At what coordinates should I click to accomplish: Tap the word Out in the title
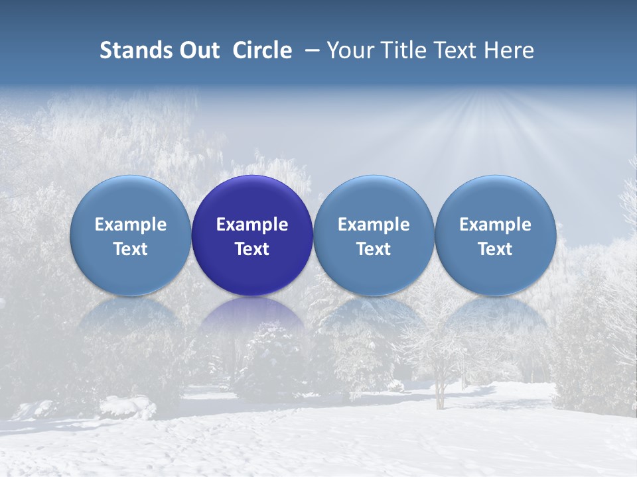[198, 50]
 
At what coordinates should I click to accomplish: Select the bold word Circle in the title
[262, 50]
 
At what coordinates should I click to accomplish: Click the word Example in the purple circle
[252, 225]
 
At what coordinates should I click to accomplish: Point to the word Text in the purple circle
[252, 249]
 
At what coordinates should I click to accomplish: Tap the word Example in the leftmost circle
[131, 225]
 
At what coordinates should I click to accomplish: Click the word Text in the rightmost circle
[496, 249]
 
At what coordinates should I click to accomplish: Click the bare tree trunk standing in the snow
[438, 394]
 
